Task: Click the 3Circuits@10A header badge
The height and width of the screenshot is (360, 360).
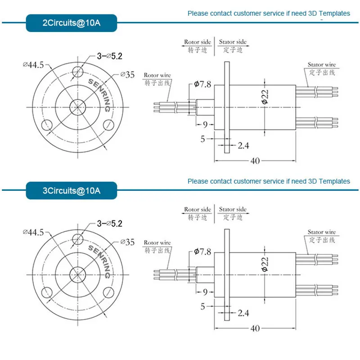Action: (x=72, y=191)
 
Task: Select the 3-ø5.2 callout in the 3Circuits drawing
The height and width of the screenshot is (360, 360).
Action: (x=110, y=223)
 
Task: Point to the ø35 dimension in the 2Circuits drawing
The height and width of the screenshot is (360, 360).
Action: (x=127, y=75)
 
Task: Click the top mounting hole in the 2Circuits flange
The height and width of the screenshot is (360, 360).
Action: (x=78, y=71)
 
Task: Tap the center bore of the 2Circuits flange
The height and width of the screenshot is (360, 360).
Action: (x=78, y=107)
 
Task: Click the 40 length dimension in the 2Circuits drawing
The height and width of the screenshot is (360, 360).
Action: (x=255, y=161)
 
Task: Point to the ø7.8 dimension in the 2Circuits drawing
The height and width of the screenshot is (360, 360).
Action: (x=202, y=84)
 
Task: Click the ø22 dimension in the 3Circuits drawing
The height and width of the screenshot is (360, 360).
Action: (x=265, y=264)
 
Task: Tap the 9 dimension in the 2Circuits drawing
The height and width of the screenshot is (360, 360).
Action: (x=205, y=124)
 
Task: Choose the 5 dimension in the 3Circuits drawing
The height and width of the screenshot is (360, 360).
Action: (x=203, y=307)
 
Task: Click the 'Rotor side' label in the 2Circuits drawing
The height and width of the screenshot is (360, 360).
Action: (x=198, y=42)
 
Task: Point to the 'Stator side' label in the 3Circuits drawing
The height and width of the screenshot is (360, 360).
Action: (x=233, y=210)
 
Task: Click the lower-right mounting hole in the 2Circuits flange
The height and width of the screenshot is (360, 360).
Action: (x=108, y=125)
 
